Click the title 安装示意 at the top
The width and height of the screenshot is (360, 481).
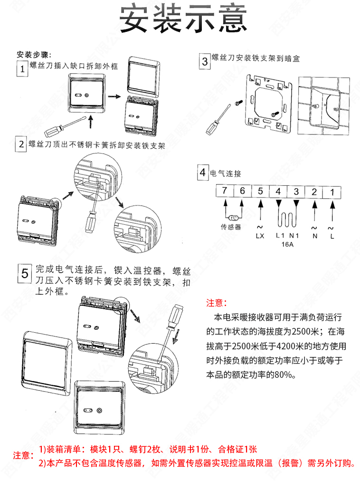[183, 20]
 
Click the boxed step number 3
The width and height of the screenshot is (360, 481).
[204, 61]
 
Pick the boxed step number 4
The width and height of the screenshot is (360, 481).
[203, 173]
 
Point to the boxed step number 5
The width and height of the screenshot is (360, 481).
[26, 273]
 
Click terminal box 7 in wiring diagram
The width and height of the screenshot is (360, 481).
[225, 192]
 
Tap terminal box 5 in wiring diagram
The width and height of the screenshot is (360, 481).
[260, 192]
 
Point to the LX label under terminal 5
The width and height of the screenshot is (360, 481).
[260, 235]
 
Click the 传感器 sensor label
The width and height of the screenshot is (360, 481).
[231, 227]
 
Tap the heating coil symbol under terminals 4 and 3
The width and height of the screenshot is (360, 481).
[287, 219]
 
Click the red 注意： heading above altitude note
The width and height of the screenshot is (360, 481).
[217, 303]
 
